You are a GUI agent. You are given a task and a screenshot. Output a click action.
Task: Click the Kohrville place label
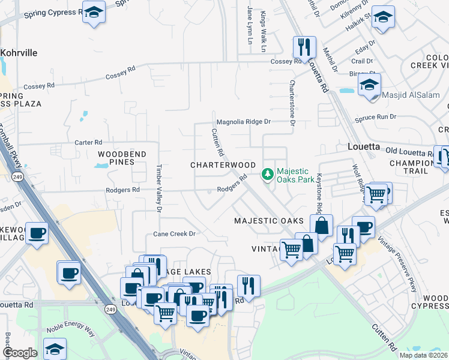[19, 53]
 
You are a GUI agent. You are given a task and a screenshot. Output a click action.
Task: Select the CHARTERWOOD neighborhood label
[223, 165]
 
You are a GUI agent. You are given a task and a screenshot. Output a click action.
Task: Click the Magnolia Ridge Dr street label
[244, 121]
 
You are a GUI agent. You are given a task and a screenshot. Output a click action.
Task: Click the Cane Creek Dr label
[175, 234]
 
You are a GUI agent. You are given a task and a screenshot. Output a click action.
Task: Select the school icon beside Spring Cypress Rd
[94, 13]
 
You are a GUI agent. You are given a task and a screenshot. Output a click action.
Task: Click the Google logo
[19, 353]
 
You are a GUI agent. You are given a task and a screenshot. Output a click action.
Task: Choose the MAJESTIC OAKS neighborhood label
[268, 221]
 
